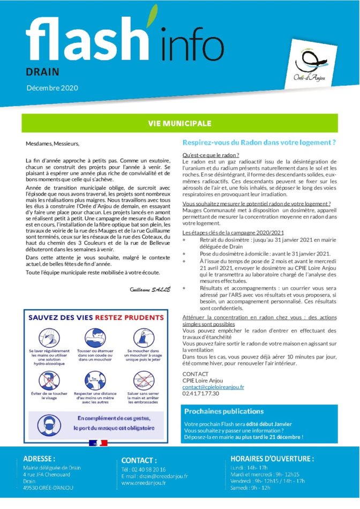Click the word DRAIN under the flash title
pos(42,71)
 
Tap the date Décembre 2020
pos(51,87)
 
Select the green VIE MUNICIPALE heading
pos(179,123)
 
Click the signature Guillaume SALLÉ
pos(149,289)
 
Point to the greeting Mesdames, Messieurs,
pos(52,143)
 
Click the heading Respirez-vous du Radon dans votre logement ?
pos(259,143)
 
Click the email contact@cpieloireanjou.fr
pos(213,386)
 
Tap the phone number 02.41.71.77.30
pos(201,393)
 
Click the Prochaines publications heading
pos(223,411)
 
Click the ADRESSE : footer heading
pos(39,459)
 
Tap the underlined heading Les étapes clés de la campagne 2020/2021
pos(233,233)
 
